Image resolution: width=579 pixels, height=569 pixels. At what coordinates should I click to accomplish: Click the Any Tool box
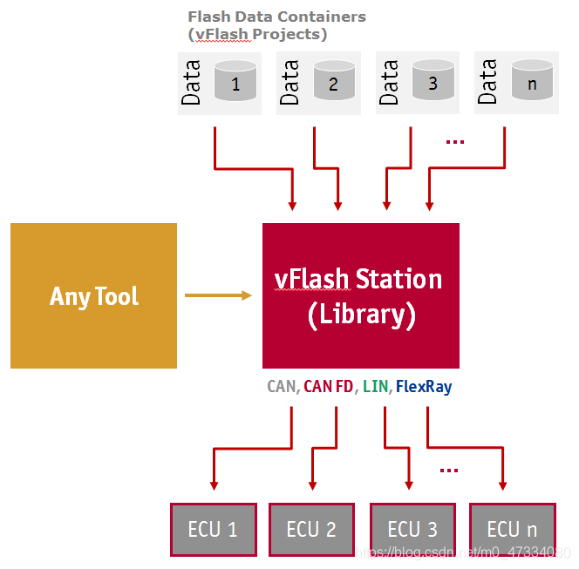point(93,296)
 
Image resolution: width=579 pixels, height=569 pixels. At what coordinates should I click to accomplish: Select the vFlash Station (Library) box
point(360,295)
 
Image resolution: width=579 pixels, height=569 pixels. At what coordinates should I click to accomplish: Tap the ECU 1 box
point(213,529)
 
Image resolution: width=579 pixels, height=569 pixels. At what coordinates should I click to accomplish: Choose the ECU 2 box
point(311,529)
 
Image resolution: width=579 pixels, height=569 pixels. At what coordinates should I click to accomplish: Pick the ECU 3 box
point(412,529)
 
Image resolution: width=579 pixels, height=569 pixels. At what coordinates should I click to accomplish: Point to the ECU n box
point(512,529)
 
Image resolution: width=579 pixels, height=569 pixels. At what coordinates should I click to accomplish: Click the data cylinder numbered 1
point(234,80)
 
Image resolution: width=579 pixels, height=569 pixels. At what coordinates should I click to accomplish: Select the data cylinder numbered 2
point(332,80)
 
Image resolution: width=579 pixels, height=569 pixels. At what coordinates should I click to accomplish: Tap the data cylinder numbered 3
point(433,80)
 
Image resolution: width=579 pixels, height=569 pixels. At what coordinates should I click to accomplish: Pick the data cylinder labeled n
point(532,80)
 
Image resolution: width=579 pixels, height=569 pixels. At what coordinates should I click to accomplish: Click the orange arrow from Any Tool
point(218,295)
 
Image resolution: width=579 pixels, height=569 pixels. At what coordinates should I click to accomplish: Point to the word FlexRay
point(424,386)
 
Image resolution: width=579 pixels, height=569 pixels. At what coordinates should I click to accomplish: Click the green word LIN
point(376,386)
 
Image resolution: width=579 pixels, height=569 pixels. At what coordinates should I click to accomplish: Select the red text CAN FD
point(329,386)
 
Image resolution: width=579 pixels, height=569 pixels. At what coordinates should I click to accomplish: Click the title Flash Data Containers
point(276,17)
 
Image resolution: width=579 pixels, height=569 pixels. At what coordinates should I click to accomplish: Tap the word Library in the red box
point(361,315)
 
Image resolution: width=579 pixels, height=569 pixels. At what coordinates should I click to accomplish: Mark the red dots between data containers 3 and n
point(454,141)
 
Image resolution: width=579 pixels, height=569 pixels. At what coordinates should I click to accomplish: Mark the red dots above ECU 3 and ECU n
point(449,471)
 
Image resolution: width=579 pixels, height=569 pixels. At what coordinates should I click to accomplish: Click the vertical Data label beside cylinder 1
point(192,82)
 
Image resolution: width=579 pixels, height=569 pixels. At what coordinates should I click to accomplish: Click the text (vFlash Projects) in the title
point(257,35)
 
